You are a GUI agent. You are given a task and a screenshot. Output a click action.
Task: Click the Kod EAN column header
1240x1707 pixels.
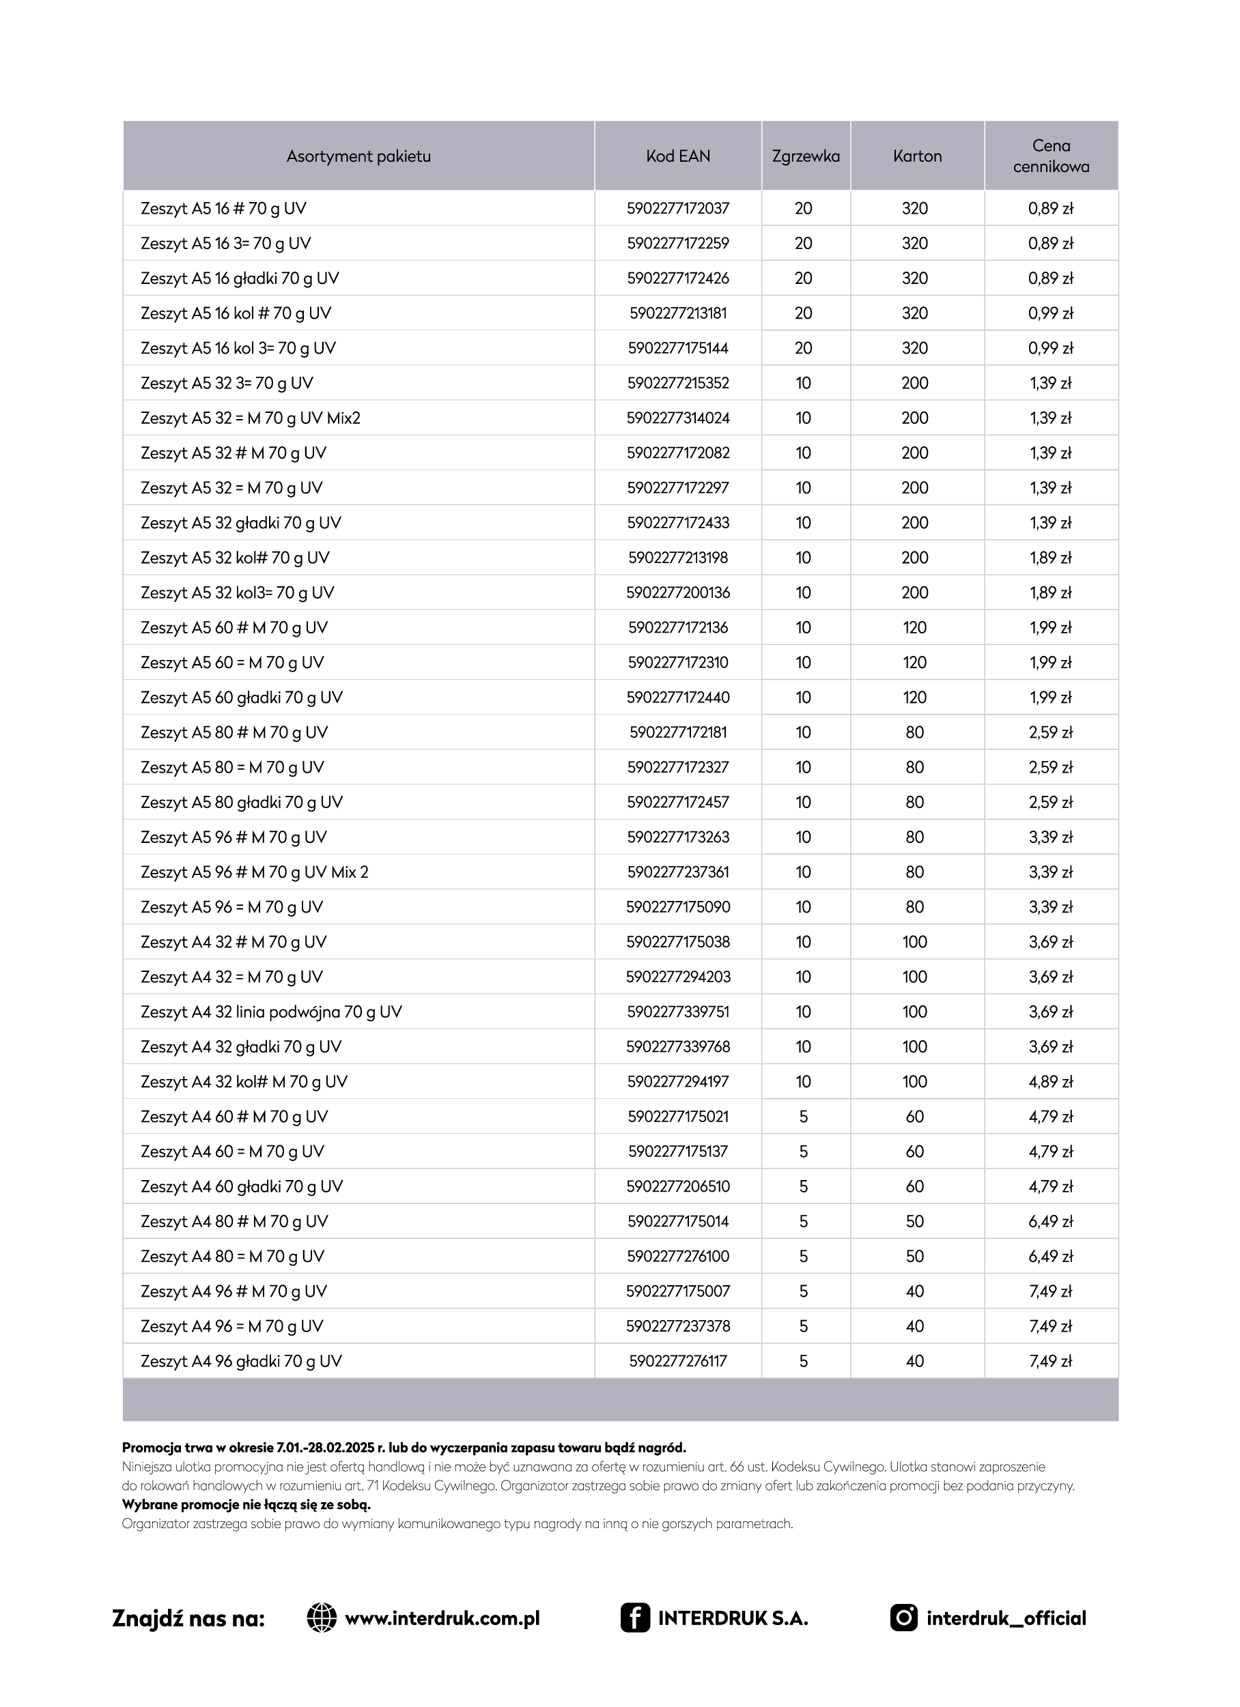click(677, 156)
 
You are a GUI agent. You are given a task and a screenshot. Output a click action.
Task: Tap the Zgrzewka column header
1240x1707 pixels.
click(806, 156)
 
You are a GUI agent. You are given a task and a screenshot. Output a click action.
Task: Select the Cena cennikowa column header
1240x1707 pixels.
click(1051, 156)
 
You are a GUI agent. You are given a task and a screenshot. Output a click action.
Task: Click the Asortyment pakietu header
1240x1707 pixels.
click(358, 156)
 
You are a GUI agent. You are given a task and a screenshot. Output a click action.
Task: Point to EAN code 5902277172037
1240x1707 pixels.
click(677, 208)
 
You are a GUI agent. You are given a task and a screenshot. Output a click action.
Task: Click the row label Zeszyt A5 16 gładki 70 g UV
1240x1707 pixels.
click(240, 278)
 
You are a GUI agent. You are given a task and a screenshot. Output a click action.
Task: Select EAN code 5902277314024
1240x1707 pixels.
click(677, 418)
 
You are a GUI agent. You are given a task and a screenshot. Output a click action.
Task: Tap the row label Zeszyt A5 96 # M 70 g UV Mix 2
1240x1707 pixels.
click(255, 872)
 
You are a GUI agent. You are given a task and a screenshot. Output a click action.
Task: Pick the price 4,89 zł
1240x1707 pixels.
click(1050, 1082)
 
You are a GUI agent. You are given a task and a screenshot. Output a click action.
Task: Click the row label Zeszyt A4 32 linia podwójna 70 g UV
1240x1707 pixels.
click(271, 1012)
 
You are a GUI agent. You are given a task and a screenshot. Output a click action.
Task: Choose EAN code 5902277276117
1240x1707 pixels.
click(677, 1361)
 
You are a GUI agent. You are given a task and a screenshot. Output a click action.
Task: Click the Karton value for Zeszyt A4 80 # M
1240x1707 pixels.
click(915, 1221)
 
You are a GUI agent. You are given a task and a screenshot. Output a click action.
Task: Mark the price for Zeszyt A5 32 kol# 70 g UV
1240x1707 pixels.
click(1050, 558)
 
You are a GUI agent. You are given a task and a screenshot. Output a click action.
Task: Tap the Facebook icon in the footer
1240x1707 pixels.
click(635, 1618)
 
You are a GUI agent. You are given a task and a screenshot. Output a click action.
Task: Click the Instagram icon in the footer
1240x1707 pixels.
click(903, 1618)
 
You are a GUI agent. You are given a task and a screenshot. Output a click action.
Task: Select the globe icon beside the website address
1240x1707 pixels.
click(322, 1618)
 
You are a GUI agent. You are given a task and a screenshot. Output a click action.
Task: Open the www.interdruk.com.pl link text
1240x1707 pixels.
click(442, 1618)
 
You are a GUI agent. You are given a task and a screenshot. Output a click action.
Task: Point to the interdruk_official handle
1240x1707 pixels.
click(1006, 1618)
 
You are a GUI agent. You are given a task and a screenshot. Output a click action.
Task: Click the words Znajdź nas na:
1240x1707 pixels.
click(188, 1618)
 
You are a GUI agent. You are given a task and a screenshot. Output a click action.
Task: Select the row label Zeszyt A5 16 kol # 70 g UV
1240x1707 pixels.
click(236, 313)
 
